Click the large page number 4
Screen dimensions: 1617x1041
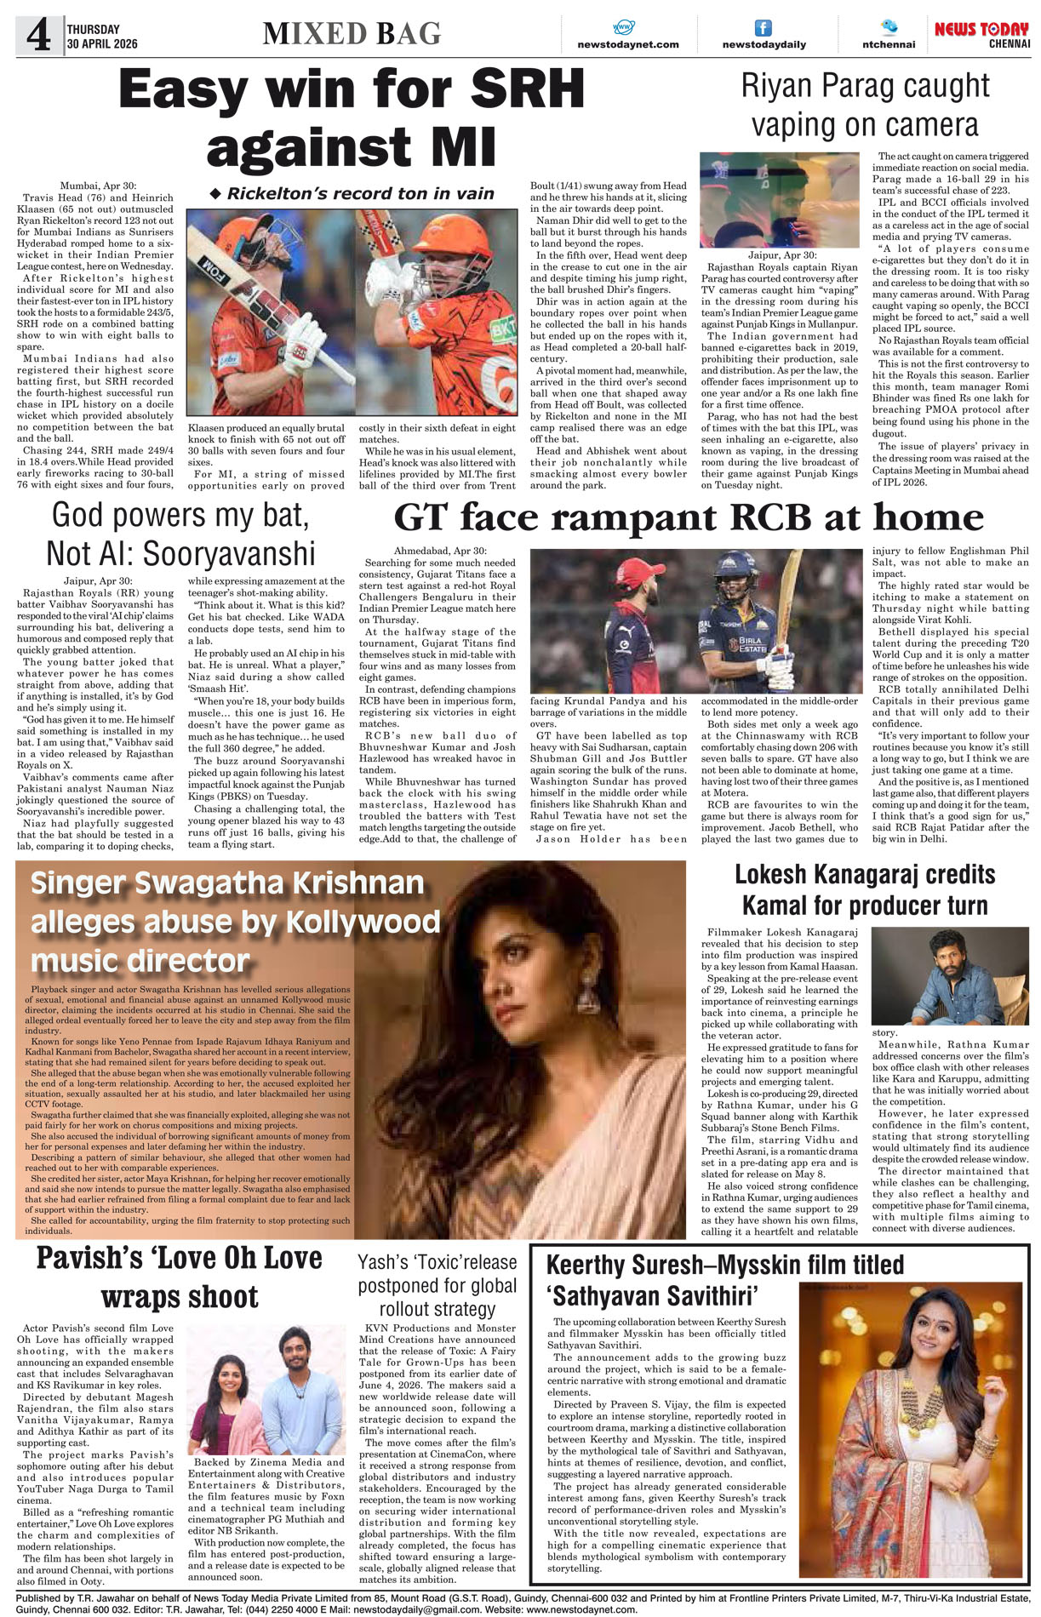[x=39, y=36]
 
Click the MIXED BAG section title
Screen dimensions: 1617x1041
[x=352, y=33]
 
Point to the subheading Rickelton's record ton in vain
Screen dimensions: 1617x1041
[x=352, y=193]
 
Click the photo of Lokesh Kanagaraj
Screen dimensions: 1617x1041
[x=949, y=975]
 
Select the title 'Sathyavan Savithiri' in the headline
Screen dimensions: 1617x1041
[x=652, y=1296]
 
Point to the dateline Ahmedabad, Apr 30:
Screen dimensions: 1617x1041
[x=439, y=551]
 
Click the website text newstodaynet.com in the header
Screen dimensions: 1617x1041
[x=627, y=44]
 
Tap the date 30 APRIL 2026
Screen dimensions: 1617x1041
[x=102, y=44]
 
